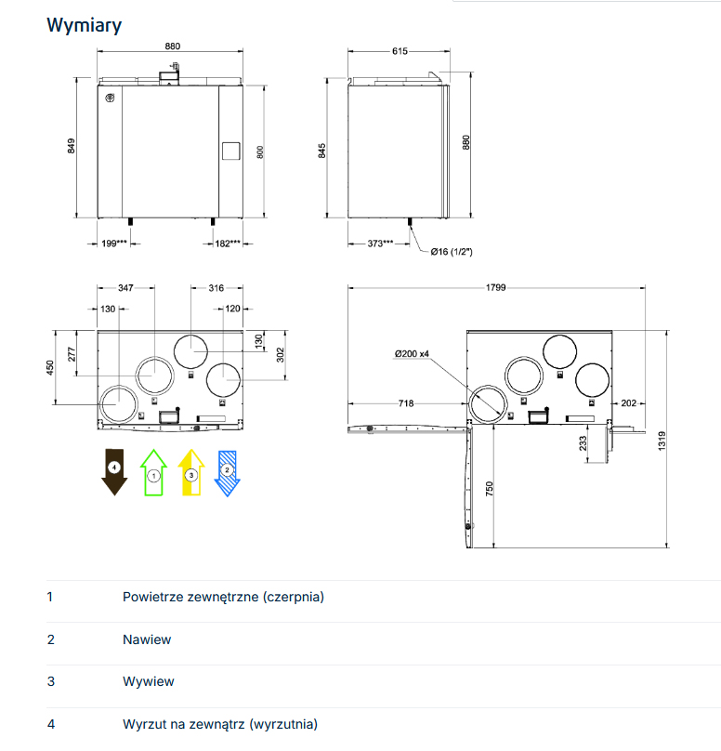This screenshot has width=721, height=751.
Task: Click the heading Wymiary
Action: [x=84, y=25]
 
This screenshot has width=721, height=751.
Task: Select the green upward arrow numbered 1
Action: [x=153, y=471]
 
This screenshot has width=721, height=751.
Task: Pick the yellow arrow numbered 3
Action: [x=190, y=471]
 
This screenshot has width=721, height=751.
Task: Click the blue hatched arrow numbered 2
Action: [x=228, y=471]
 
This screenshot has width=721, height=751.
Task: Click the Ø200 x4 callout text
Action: [x=411, y=353]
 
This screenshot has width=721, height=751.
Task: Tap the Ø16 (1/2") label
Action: [x=452, y=252]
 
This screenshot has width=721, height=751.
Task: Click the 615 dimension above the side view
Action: [x=400, y=51]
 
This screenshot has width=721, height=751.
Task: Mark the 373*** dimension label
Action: [x=379, y=243]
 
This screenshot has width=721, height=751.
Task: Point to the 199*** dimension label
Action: [x=114, y=244]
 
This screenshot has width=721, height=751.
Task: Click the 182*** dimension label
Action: [x=228, y=244]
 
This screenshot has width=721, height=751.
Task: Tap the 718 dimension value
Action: [x=405, y=403]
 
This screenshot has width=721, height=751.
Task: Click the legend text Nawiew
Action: [x=147, y=639]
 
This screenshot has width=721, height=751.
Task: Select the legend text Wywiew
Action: [x=149, y=681]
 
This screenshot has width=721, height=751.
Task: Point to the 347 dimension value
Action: [x=126, y=288]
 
